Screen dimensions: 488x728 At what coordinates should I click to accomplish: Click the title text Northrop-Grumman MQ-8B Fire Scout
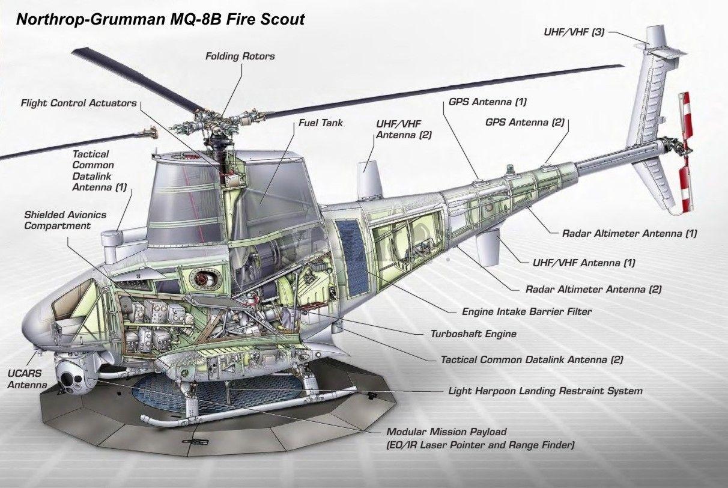coord(160,19)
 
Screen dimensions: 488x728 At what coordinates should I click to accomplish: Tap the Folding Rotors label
coord(240,56)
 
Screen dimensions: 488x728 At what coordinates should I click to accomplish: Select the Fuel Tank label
coord(321,123)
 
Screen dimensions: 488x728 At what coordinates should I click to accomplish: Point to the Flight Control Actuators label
coord(79,103)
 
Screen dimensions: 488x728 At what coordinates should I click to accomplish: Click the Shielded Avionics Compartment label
coord(65,220)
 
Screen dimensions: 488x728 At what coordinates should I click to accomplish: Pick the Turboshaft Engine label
coord(473,333)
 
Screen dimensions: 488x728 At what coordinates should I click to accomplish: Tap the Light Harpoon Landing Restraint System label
coord(545,391)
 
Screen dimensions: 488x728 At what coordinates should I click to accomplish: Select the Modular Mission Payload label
coord(447,432)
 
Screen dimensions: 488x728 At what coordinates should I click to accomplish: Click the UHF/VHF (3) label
coord(574,32)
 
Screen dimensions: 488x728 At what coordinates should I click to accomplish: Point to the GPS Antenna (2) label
coord(525,122)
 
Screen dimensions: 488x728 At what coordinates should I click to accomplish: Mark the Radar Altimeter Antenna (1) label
coord(629,233)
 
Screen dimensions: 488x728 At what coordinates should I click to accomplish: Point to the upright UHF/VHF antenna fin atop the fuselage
coord(370,177)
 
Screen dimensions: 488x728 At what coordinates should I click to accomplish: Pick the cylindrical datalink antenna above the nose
coord(113,240)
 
